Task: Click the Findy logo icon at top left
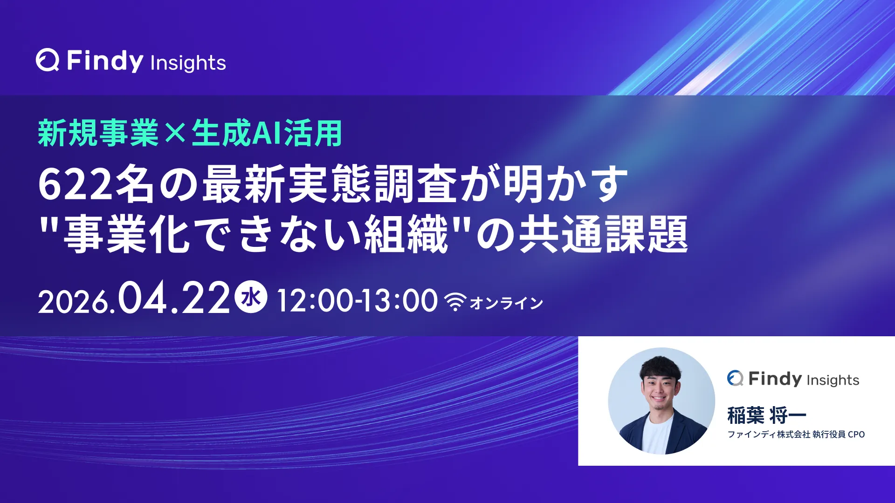coord(48,60)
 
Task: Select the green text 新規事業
coord(98,133)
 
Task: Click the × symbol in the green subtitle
coord(175,134)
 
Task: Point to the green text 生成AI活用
coord(267,133)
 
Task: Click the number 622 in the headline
coord(76,184)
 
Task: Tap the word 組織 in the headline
coord(406,234)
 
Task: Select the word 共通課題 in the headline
coord(604,234)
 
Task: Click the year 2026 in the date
coord(73,302)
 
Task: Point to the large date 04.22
coord(174,298)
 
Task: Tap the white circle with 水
coord(251,297)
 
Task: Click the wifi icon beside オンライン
coord(455,302)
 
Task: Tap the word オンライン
coord(506,303)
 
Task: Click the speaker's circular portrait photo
coord(661,401)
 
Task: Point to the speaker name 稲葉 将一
coord(767,415)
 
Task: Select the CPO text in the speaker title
coord(856,435)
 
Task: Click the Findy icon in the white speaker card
coord(735,378)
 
